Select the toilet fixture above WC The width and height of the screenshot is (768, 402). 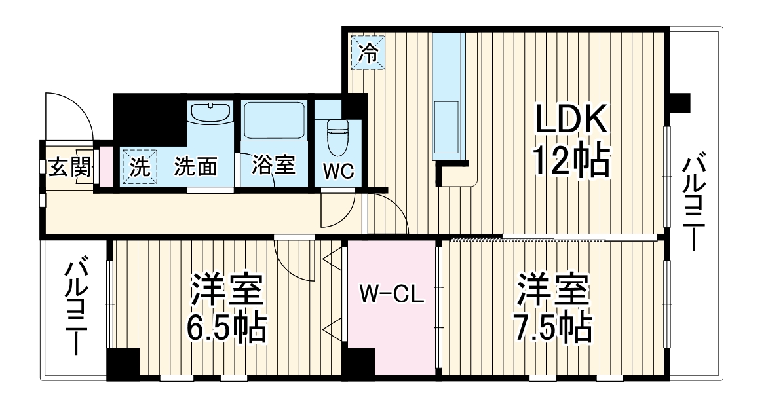tap(338, 135)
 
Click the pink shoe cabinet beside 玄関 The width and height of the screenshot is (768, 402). tap(104, 168)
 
